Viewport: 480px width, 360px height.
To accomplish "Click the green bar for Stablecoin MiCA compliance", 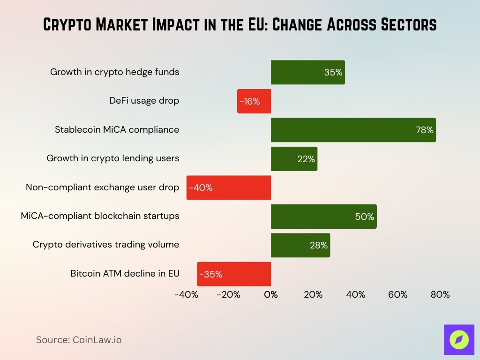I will pos(353,130).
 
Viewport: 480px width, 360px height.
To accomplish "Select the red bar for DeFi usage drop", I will pos(254,101).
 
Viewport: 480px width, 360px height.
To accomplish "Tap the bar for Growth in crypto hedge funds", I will pos(307,72).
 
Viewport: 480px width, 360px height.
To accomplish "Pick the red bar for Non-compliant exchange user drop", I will pos(229,187).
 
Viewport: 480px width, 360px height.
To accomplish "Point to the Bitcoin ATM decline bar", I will pos(234,274).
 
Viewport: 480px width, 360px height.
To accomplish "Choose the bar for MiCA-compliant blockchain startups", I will pos(323,217).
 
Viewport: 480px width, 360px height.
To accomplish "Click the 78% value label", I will pos(425,130).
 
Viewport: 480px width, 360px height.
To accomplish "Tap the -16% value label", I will pos(249,101).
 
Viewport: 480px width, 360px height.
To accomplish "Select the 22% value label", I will pos(306,159).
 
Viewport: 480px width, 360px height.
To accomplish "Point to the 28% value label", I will pos(319,245).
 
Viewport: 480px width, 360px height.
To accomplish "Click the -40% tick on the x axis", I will pos(186,295).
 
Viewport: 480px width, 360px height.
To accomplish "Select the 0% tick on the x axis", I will pos(271,295).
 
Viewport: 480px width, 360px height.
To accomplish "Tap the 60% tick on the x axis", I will pos(397,295).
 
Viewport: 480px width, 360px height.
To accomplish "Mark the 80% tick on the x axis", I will pos(440,295).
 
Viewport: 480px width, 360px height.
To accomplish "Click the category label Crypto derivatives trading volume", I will pos(106,244).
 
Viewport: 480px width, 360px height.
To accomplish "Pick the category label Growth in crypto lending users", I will pos(113,158).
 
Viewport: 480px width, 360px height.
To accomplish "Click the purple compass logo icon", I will pos(459,339).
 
